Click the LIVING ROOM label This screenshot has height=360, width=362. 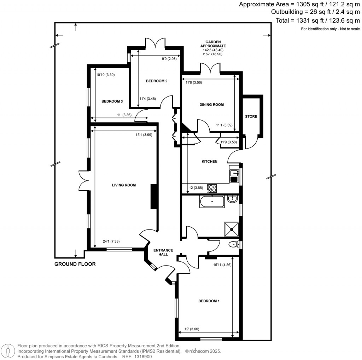click(124, 185)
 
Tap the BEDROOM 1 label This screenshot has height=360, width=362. click(209, 301)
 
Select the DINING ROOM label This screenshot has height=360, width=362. click(212, 105)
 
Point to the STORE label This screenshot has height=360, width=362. click(251, 117)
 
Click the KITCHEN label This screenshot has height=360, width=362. click(209, 162)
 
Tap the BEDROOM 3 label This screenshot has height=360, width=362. click(112, 101)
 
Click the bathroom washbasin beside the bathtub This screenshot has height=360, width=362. click(233, 199)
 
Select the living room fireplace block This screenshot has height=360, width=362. click(154, 197)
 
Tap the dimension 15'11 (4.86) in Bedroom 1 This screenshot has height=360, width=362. click(222, 264)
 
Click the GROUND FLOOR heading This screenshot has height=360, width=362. click(75, 264)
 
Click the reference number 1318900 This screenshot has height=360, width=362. click(142, 357)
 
